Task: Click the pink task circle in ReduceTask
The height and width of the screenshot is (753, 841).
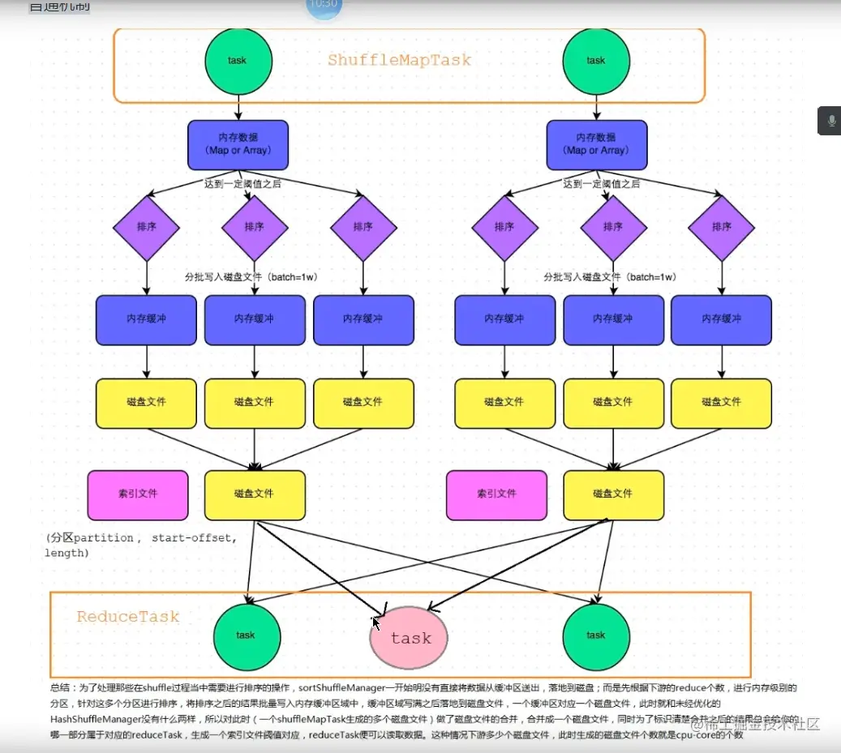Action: [410, 637]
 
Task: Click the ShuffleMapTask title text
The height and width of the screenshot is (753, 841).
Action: [399, 60]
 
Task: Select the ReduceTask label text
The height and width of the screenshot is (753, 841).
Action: [128, 617]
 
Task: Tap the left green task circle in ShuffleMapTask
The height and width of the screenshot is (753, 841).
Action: [238, 61]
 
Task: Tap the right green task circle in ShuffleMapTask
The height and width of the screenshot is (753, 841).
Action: [596, 61]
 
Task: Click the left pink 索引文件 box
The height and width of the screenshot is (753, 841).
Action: [138, 494]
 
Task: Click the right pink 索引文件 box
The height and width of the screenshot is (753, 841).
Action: [496, 494]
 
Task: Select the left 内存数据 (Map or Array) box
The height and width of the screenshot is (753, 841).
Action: [238, 144]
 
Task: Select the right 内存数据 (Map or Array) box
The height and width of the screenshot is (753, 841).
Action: [596, 144]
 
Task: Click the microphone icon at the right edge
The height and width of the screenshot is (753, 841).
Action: [830, 121]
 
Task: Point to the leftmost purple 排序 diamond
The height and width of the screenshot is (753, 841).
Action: [146, 227]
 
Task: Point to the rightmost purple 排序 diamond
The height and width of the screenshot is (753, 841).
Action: [721, 227]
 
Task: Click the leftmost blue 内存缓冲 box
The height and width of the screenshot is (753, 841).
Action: [146, 319]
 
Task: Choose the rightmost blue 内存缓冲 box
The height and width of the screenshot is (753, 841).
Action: [721, 319]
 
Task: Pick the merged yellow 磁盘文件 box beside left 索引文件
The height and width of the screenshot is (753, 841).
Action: [255, 494]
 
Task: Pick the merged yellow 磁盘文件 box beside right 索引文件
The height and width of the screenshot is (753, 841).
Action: [613, 494]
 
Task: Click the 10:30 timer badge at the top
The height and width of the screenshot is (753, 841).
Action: [324, 5]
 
